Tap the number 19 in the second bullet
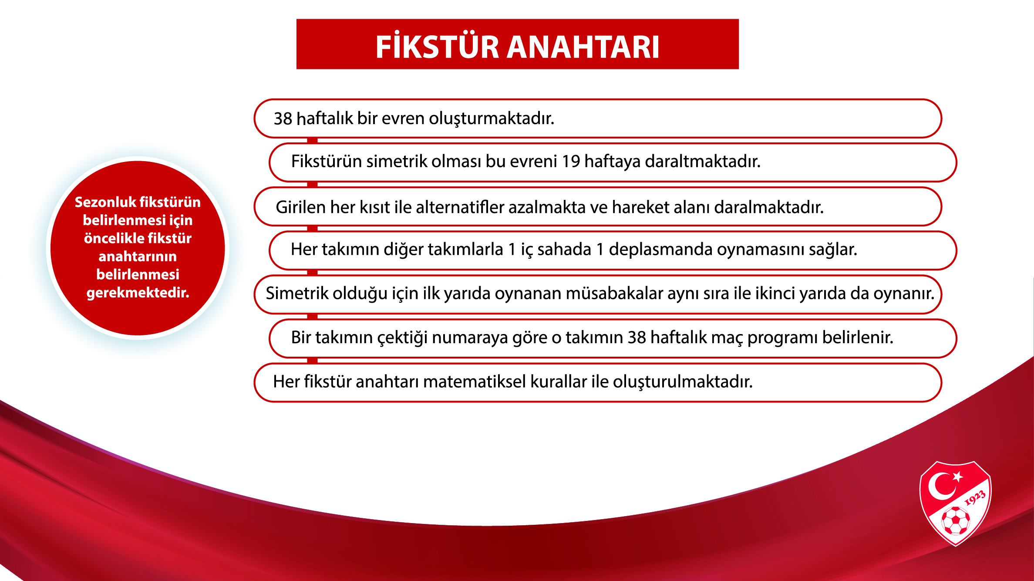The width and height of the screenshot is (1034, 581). tap(571, 161)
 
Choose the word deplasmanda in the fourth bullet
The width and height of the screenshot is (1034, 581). tap(660, 250)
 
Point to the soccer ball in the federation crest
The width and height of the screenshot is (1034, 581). tap(956, 520)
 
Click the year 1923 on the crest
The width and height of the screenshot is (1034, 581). tap(975, 498)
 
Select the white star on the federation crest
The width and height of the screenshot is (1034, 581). tap(957, 476)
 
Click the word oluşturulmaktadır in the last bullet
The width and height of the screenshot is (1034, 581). tap(683, 382)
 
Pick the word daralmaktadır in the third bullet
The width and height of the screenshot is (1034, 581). tap(769, 207)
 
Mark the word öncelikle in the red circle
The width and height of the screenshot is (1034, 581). tap(109, 238)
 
